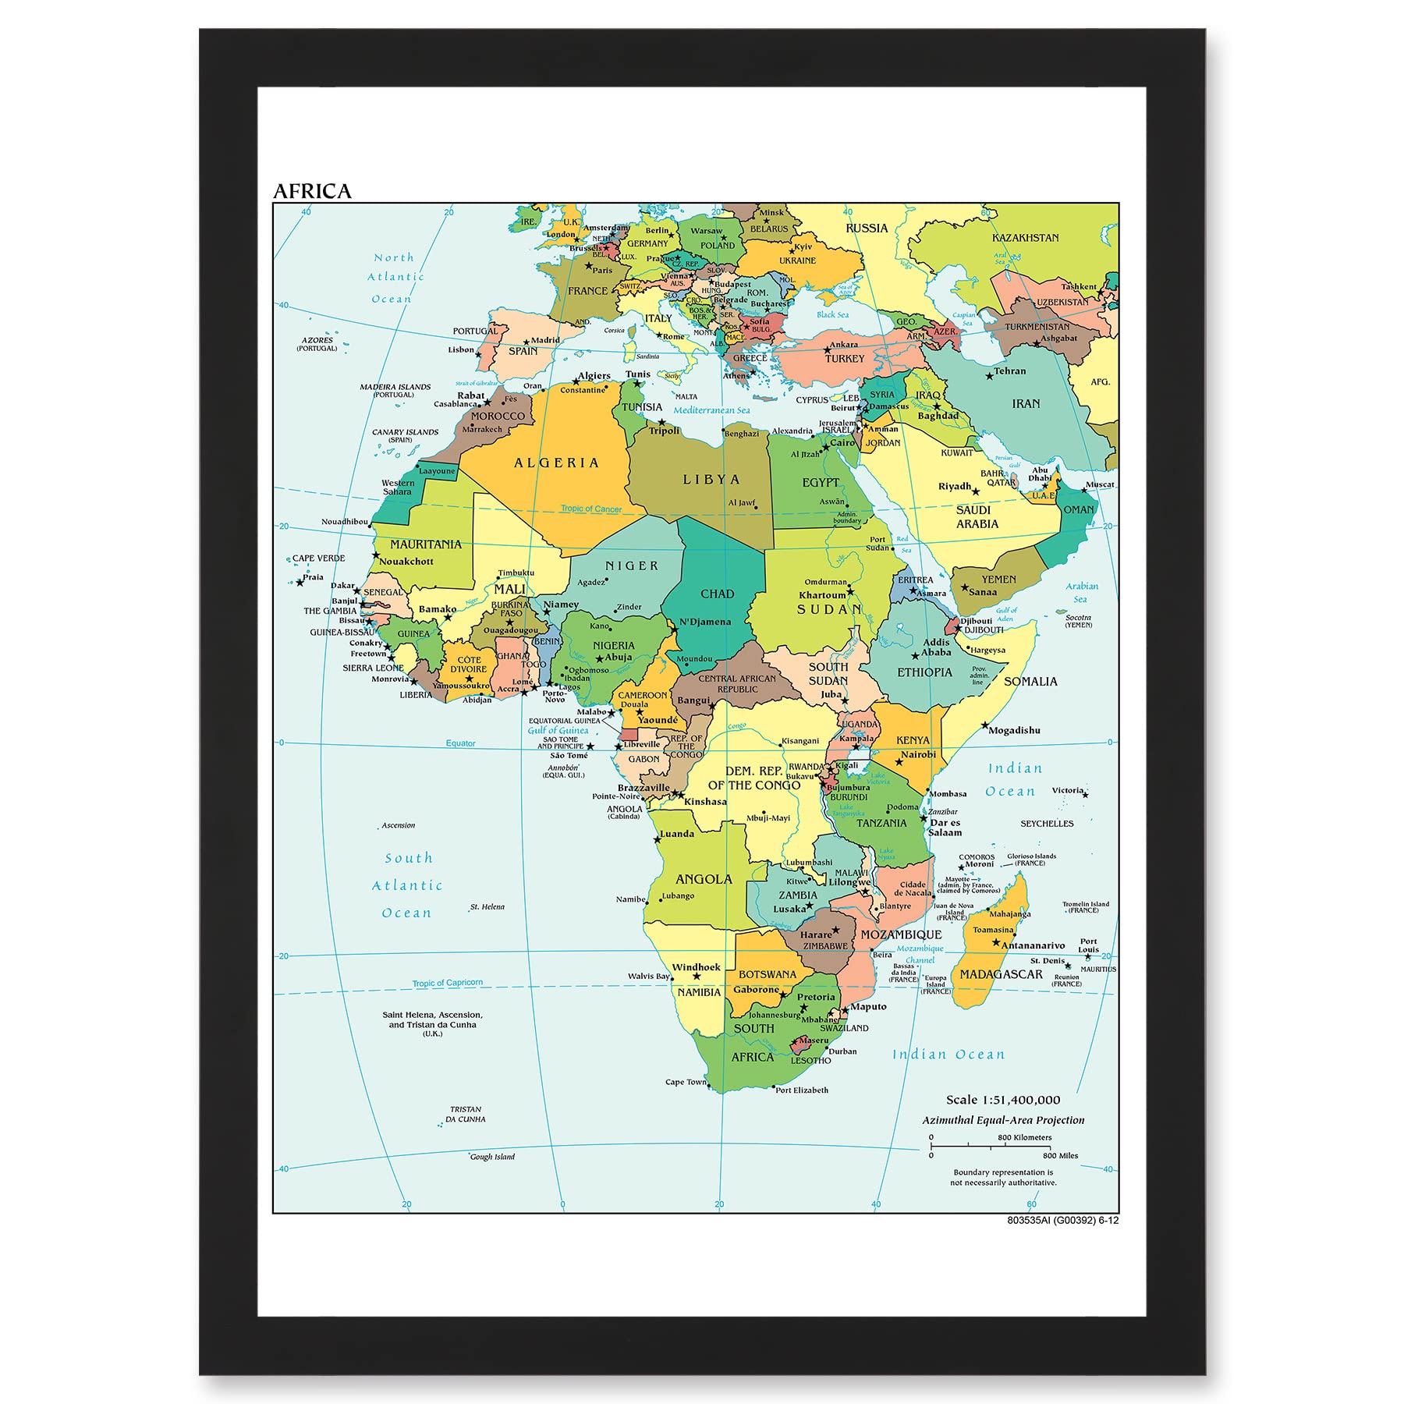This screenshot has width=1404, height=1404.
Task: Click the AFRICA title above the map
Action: click(312, 191)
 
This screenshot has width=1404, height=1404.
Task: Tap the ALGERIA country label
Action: click(556, 463)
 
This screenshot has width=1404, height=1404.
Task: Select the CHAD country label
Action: click(717, 594)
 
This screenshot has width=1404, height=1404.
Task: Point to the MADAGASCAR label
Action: click(1001, 974)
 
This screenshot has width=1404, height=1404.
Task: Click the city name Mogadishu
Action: click(1014, 730)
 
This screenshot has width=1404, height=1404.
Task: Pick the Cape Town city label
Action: click(686, 1082)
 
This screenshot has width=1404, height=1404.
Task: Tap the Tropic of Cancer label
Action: click(591, 509)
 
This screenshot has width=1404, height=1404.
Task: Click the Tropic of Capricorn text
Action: click(448, 983)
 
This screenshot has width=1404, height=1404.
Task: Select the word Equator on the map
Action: click(460, 743)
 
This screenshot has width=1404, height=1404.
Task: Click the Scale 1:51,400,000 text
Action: click(1003, 1100)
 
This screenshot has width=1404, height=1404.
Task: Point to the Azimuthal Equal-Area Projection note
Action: click(1003, 1120)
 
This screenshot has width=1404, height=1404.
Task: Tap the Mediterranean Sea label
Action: click(711, 410)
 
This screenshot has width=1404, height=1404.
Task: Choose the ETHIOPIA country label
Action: click(924, 672)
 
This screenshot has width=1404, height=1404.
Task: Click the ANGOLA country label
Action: click(704, 879)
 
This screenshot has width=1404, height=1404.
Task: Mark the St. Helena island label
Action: click(487, 907)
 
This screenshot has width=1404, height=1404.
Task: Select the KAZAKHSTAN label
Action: click(1025, 238)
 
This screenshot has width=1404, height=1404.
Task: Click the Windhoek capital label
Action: click(697, 967)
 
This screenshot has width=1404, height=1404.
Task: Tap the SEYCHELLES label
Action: click(1047, 824)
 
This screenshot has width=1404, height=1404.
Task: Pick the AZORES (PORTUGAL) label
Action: click(317, 344)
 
